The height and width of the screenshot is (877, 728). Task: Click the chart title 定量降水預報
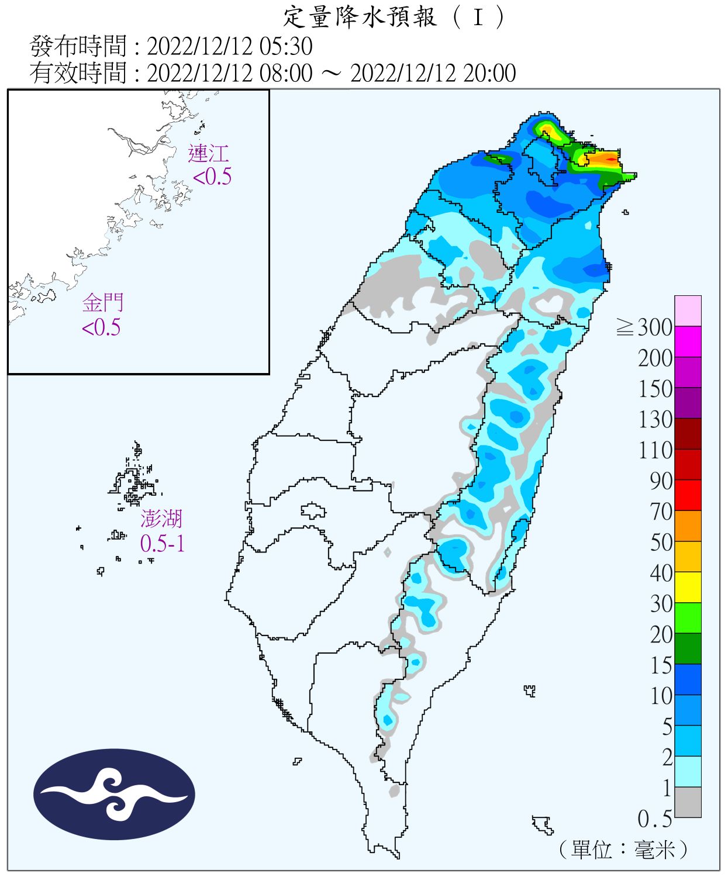tap(360, 18)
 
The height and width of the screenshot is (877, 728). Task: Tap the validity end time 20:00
tap(489, 73)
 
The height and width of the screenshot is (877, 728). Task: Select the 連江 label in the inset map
tap(208, 154)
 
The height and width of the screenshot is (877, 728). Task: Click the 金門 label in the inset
tap(103, 303)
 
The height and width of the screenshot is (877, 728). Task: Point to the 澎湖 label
tap(161, 519)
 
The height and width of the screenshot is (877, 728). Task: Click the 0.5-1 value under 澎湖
tap(163, 544)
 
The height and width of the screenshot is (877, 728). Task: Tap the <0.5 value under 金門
tap(101, 327)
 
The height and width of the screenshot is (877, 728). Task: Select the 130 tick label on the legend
tap(655, 419)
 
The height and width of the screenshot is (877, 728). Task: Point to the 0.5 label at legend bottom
tap(655, 819)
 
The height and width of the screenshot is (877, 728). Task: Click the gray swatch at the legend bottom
tap(688, 802)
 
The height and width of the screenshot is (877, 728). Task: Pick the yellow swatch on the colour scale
tap(688, 587)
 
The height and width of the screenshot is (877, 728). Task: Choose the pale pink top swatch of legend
tap(688, 310)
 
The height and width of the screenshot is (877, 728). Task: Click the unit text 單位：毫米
tap(623, 849)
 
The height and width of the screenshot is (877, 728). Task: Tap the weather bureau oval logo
tap(114, 794)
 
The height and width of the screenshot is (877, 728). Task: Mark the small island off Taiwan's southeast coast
tap(543, 824)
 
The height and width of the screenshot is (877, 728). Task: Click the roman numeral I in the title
tap(478, 18)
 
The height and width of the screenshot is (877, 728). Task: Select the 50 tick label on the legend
tap(661, 542)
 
